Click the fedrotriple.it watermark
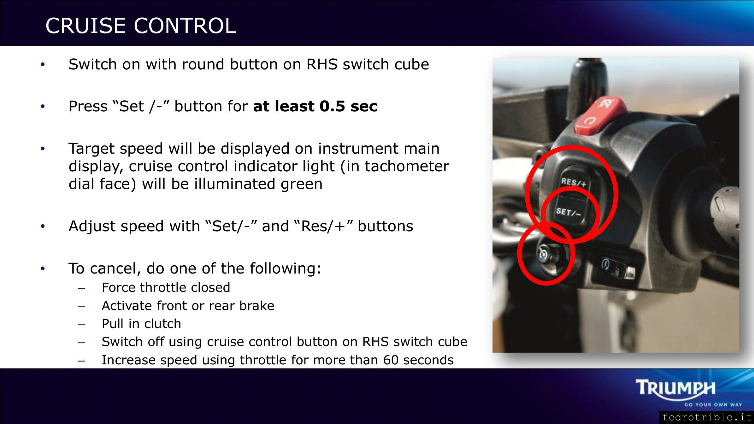[x=706, y=417]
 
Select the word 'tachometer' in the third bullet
[x=407, y=166]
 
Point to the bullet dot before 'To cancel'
[x=43, y=268]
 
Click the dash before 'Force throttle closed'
[x=81, y=288]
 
